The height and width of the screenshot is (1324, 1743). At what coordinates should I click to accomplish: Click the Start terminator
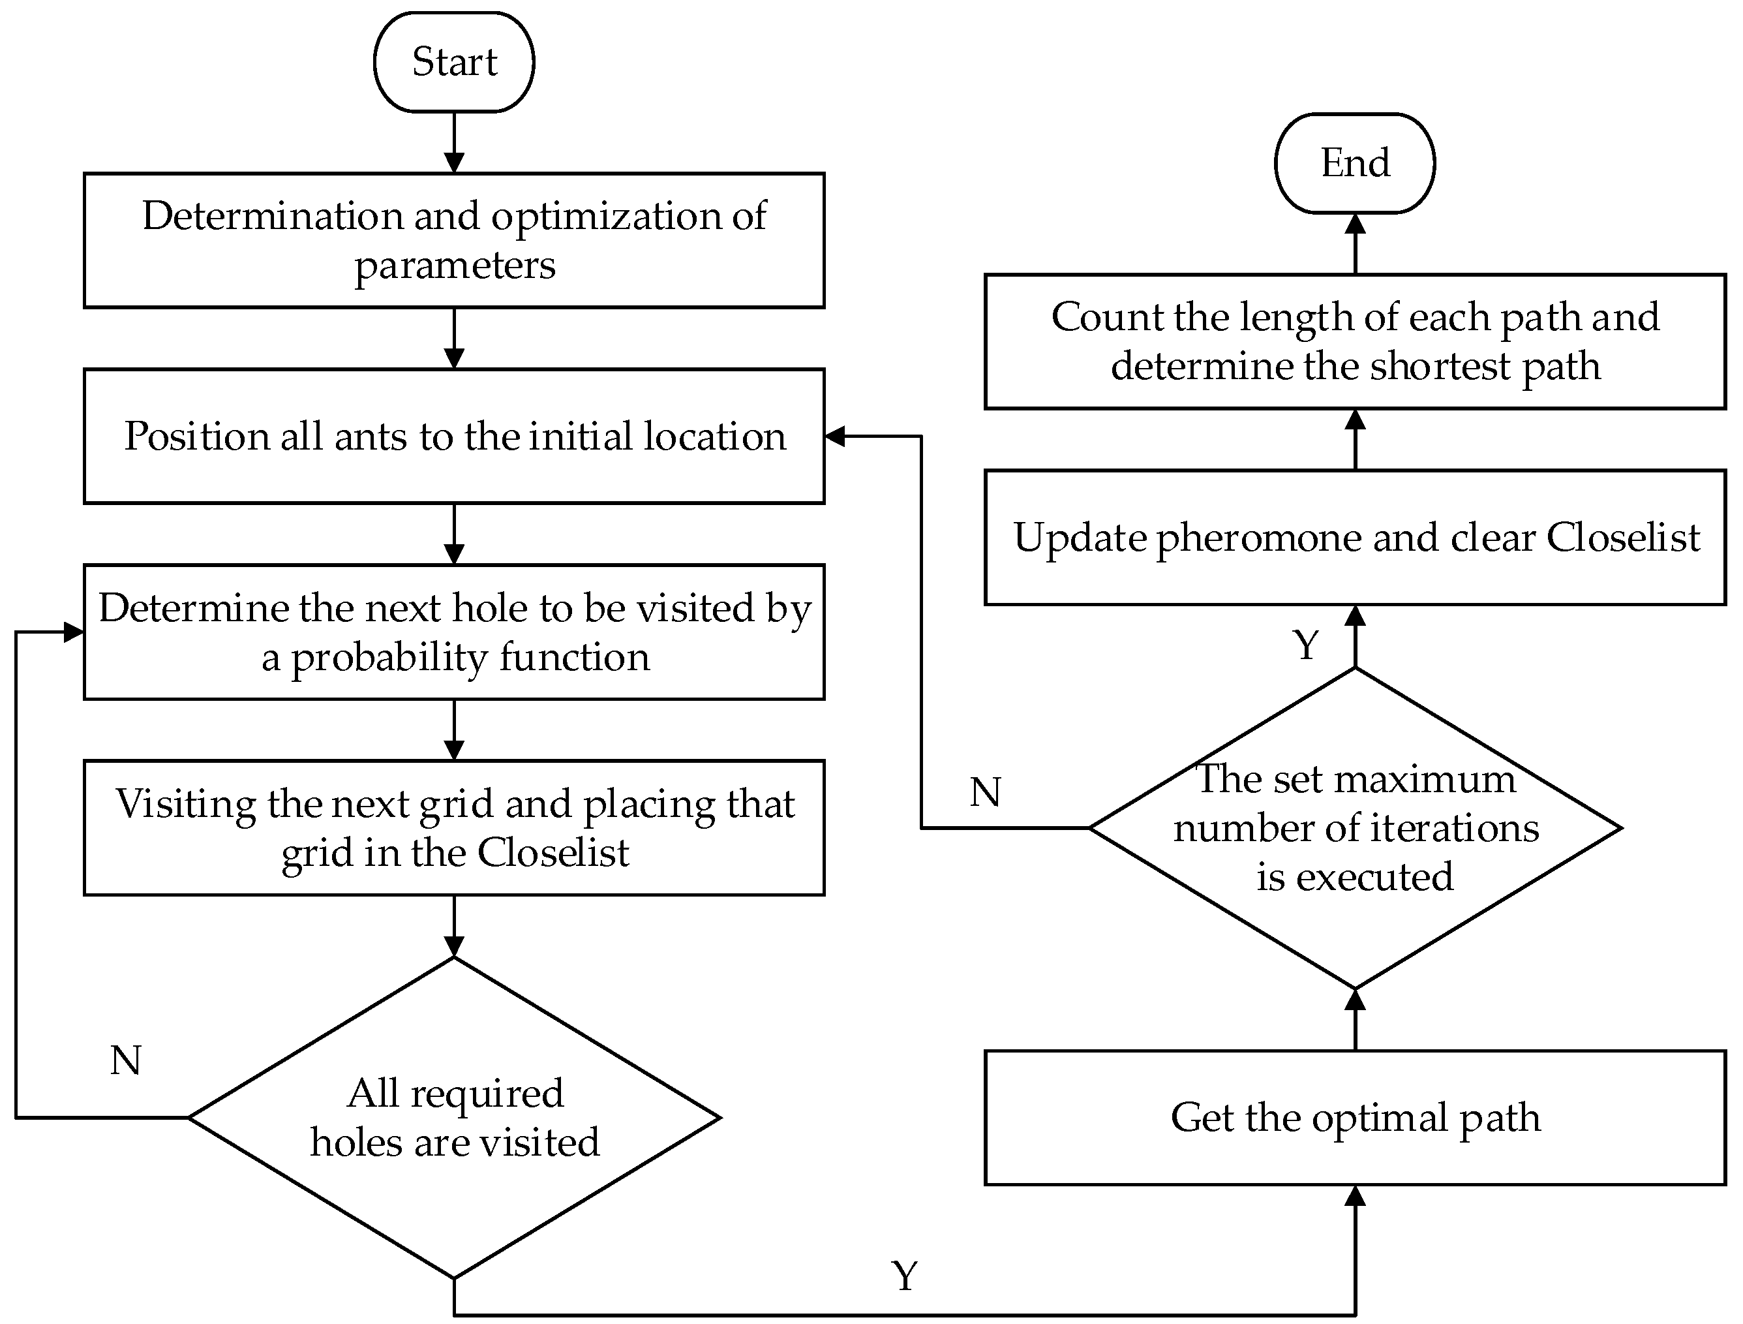454,61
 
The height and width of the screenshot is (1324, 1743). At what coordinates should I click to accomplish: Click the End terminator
1354,163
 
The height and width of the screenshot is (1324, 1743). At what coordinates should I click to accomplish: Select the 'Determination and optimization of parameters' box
454,239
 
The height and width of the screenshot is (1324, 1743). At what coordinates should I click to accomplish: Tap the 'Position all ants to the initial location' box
454,436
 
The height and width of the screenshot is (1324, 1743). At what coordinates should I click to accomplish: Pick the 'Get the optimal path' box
1354,1118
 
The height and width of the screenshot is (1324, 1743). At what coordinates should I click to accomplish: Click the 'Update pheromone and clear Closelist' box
1354,538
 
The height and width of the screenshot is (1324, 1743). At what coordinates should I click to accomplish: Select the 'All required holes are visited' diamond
454,1118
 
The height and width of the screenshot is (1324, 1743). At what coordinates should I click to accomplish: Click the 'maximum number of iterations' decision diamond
1354,827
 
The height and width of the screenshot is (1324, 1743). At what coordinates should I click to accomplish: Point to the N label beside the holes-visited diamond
126,1061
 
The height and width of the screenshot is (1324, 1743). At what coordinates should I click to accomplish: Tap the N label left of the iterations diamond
986,792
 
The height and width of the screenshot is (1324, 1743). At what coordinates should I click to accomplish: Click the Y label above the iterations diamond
1306,645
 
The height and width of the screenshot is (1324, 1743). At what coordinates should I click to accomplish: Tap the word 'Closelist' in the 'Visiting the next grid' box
553,853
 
